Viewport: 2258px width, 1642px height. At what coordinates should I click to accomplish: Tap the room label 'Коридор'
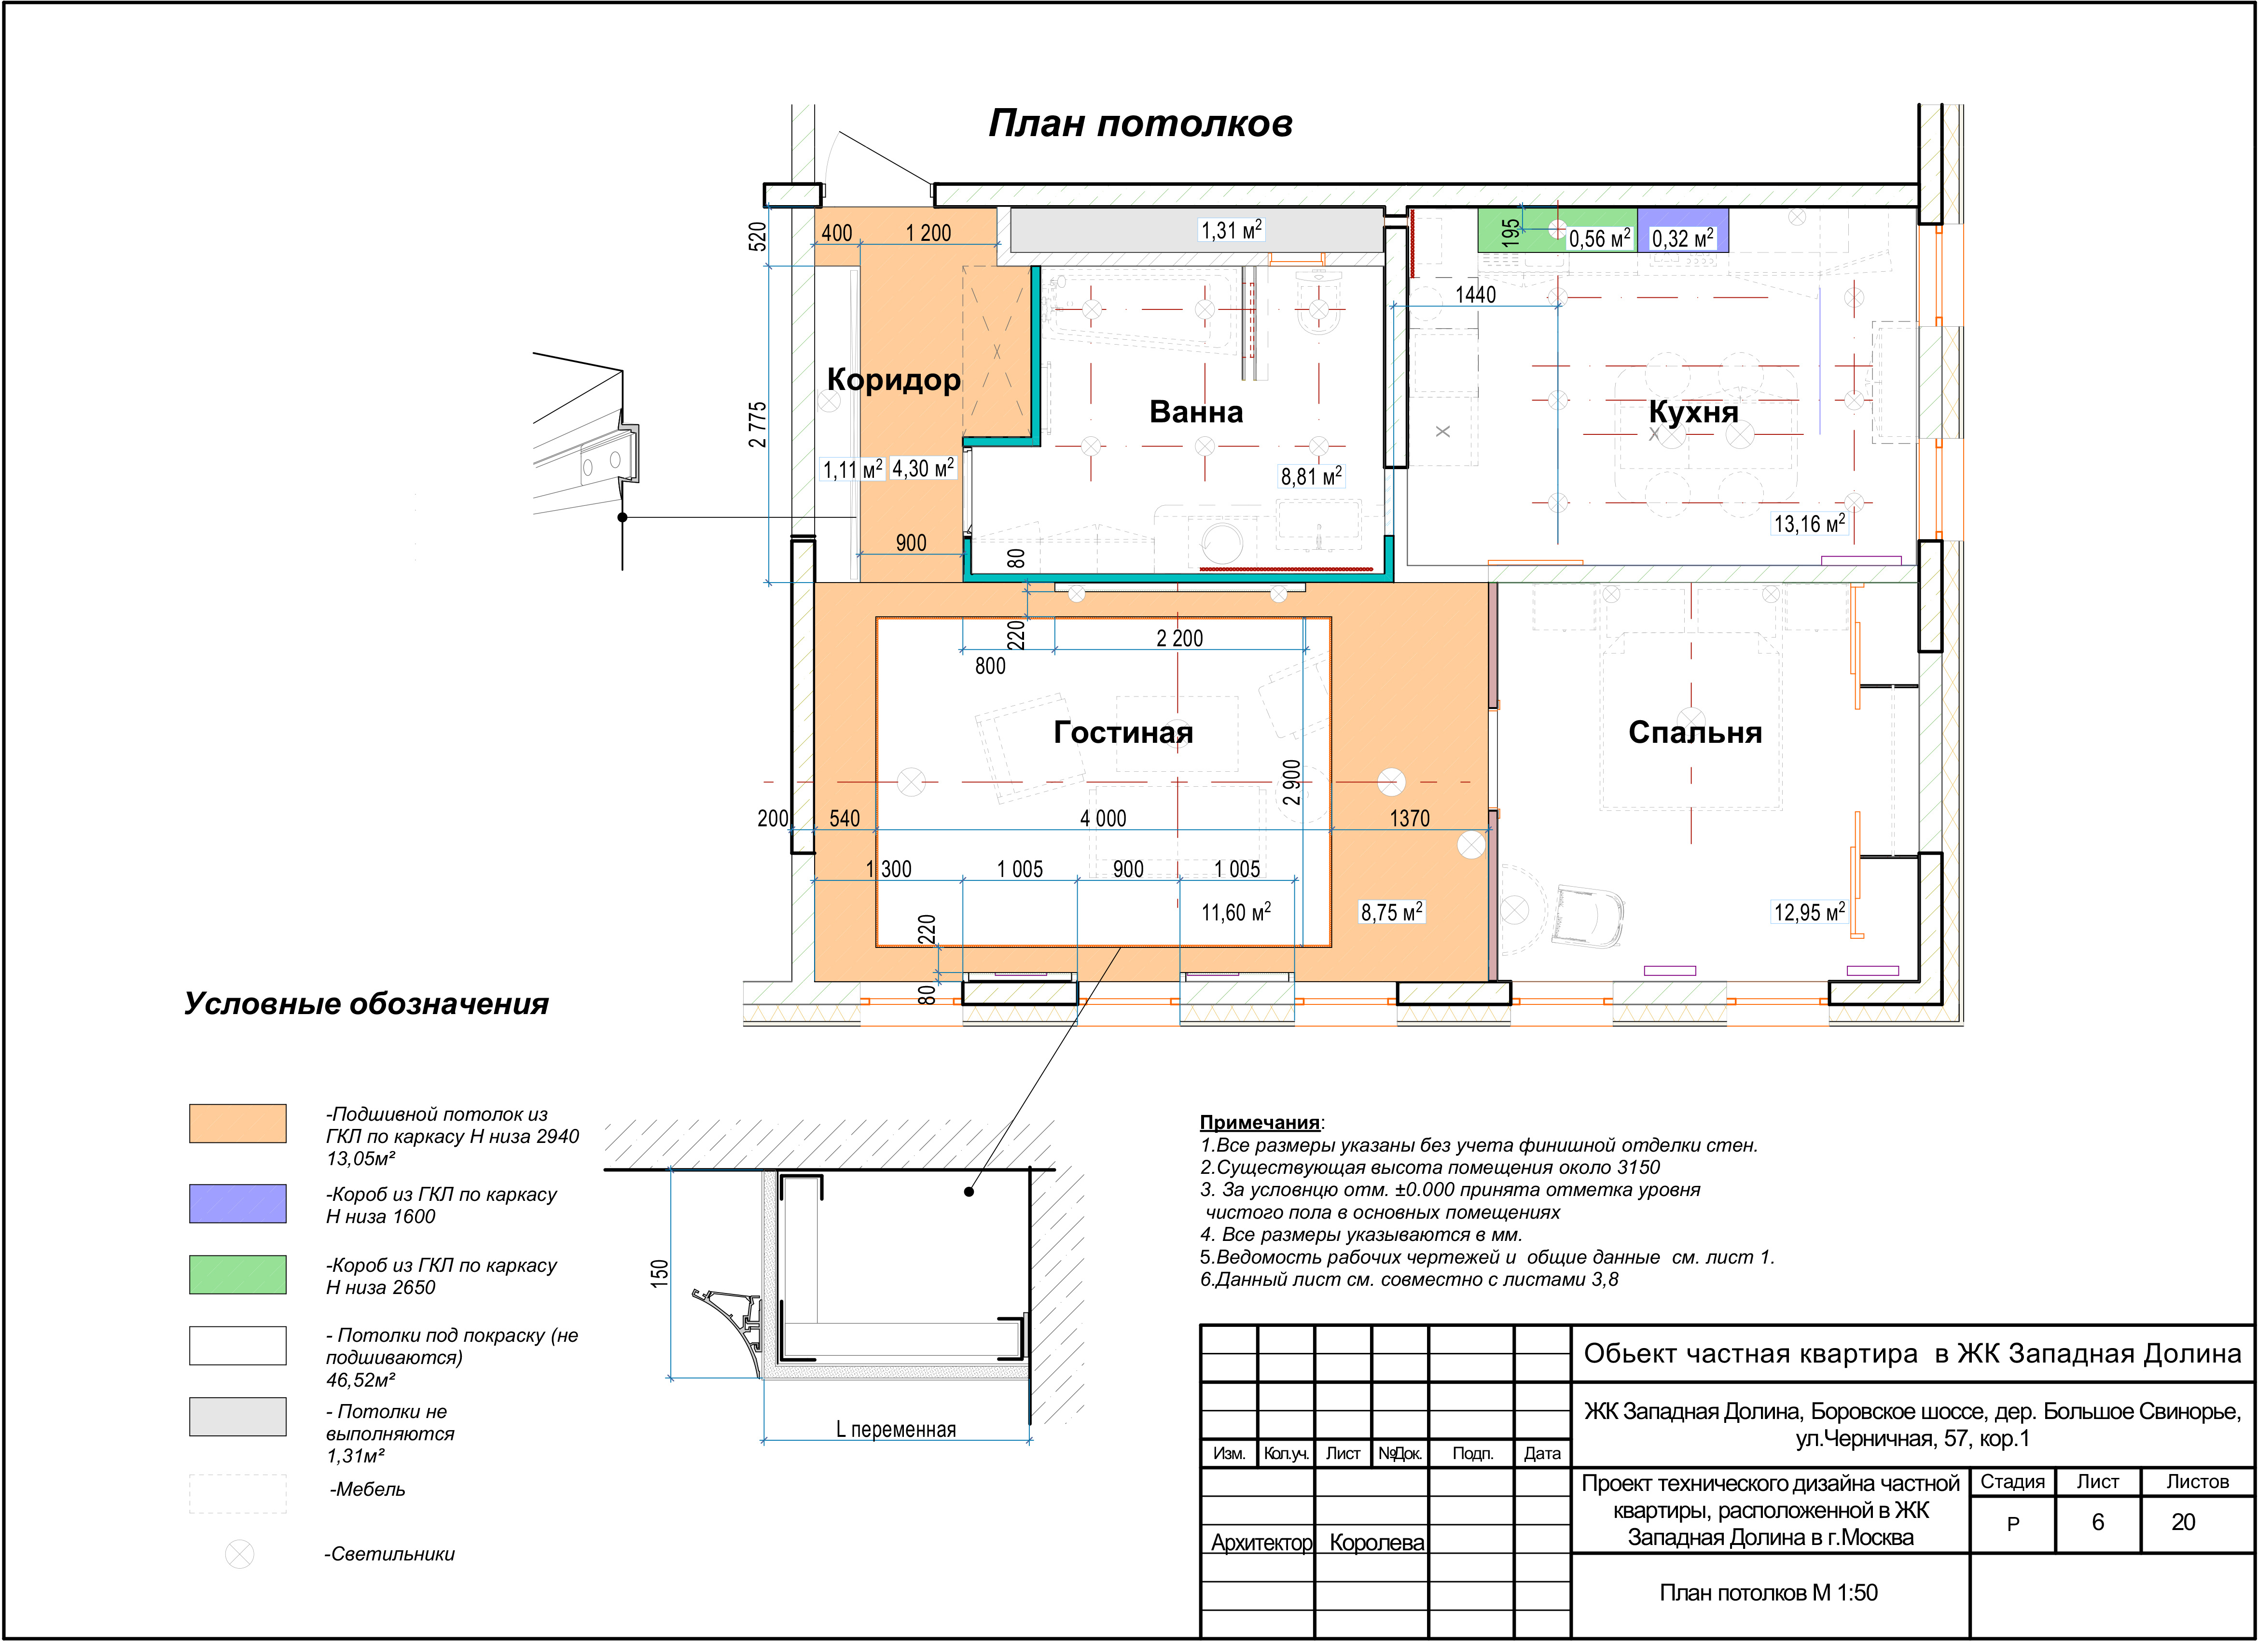(894, 379)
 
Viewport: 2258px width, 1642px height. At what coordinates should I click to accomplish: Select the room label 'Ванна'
(1196, 411)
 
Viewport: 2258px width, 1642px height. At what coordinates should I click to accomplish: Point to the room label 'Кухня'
(1693, 411)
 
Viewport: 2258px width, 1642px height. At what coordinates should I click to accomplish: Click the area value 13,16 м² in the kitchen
(1809, 524)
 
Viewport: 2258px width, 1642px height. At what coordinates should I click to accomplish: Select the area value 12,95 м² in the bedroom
(1809, 912)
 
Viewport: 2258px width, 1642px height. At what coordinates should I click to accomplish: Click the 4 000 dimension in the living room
(1103, 819)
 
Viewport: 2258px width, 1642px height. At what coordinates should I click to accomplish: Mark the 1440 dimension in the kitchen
(1475, 295)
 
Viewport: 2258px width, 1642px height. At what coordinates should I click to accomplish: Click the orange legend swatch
(238, 1123)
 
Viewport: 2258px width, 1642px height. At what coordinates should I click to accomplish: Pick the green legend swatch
(238, 1275)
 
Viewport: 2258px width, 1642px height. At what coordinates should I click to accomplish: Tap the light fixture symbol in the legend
(239, 1554)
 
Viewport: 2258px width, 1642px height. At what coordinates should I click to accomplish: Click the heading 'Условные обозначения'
(366, 1004)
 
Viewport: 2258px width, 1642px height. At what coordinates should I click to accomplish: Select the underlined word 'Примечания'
(1260, 1122)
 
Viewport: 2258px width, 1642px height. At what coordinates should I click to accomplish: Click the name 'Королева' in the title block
(1377, 1543)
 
